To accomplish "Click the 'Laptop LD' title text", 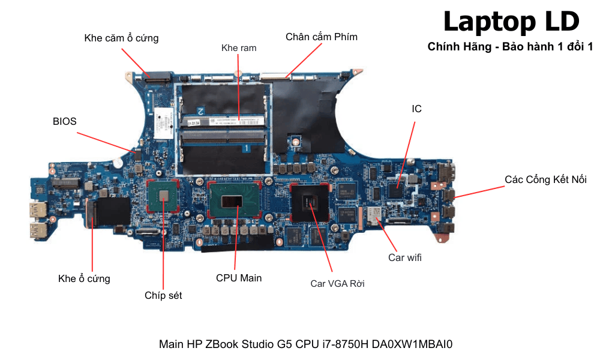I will (x=511, y=22).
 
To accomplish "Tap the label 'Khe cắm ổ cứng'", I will (x=121, y=38).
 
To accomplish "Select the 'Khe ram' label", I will (x=239, y=47).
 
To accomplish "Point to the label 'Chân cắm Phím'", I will (x=321, y=37).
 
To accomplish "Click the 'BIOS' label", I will (x=65, y=121).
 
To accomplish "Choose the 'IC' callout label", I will (x=416, y=109).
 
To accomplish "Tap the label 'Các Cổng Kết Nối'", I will (x=545, y=179).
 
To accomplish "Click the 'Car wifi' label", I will (x=405, y=258).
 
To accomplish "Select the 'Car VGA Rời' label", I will (x=337, y=283).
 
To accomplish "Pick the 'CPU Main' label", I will (x=239, y=278).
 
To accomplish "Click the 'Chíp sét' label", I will (x=163, y=295).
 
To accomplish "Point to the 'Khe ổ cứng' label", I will (x=84, y=278).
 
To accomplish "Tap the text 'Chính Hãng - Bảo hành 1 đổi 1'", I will (x=510, y=47).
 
